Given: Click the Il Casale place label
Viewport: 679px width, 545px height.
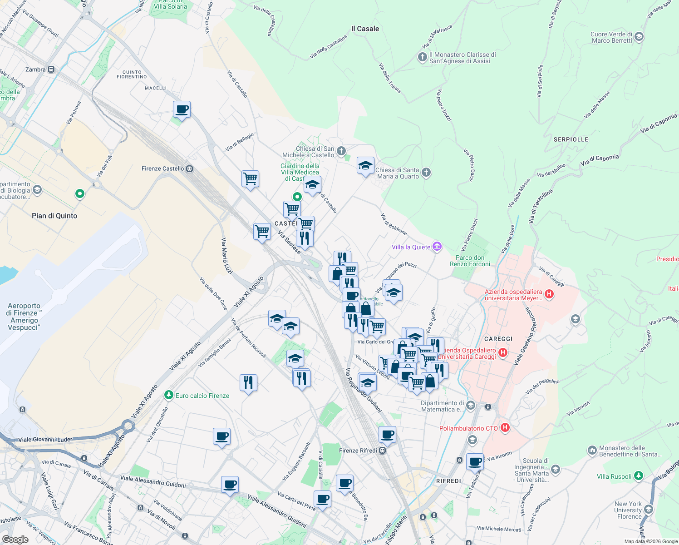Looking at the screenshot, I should (x=365, y=29).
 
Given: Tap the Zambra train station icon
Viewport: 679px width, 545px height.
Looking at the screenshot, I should (x=51, y=69).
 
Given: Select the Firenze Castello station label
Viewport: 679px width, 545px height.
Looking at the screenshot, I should (x=163, y=168).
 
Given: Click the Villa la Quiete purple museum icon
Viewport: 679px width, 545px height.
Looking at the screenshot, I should (x=437, y=247).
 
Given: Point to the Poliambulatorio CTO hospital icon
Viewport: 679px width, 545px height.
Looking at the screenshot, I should (x=505, y=428).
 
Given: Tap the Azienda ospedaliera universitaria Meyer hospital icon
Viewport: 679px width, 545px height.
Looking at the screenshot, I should (x=549, y=294).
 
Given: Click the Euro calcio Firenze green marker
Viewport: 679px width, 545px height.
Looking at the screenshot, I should (x=169, y=395).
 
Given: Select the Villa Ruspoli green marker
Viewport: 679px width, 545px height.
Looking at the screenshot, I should (x=639, y=476).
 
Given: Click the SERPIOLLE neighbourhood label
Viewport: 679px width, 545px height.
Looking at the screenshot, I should (x=571, y=139).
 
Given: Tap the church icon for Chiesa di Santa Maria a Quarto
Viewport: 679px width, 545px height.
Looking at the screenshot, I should (x=426, y=172).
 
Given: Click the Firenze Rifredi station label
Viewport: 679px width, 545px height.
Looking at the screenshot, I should (x=358, y=451).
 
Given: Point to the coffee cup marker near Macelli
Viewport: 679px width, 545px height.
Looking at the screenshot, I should (x=182, y=109).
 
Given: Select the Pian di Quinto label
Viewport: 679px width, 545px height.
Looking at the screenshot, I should (x=54, y=216).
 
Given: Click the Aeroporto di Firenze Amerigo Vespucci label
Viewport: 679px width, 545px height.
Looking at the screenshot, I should (x=25, y=317).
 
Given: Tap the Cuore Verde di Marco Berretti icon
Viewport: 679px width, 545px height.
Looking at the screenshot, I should (x=639, y=37).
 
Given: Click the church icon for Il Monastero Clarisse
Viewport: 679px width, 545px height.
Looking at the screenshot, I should (x=422, y=57).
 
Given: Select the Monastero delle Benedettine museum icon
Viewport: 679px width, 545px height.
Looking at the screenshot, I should (x=592, y=451).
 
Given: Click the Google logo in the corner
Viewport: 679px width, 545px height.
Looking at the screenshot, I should (x=15, y=540).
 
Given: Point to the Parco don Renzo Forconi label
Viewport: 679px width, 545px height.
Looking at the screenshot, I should (x=470, y=261).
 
